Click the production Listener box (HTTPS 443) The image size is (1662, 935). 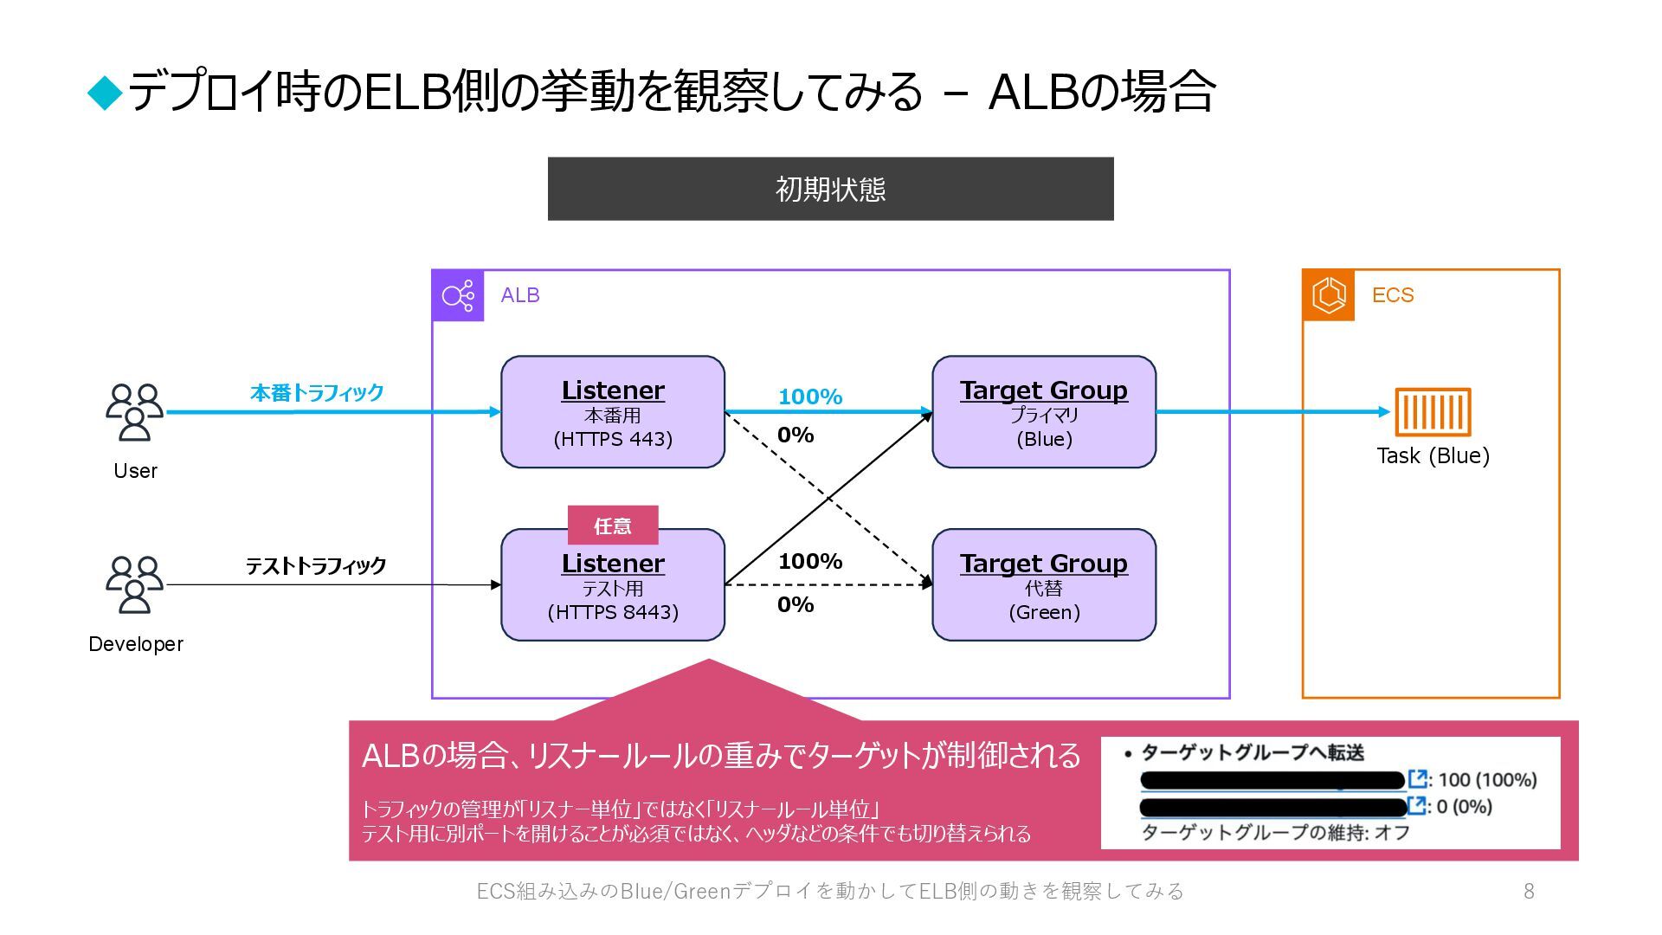[613, 412]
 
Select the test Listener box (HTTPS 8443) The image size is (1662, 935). [613, 585]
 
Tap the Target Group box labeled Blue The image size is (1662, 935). [1044, 412]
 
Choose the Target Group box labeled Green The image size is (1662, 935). [1044, 585]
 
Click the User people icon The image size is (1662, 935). [134, 413]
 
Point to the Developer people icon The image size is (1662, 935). [134, 585]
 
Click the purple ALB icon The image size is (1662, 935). [458, 296]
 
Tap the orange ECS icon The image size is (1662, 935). [1329, 295]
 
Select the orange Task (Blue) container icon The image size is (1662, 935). [1433, 412]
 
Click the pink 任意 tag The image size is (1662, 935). [613, 526]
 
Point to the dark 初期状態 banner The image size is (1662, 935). [830, 189]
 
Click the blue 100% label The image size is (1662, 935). [810, 397]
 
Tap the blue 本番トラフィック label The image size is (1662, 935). [317, 393]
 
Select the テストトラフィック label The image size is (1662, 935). [316, 566]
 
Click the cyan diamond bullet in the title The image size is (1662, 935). [106, 93]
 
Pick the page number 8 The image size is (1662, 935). [1529, 891]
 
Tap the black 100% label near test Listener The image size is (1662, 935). [810, 561]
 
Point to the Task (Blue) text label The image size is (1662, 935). [1433, 455]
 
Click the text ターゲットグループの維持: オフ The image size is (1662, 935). [1275, 833]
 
